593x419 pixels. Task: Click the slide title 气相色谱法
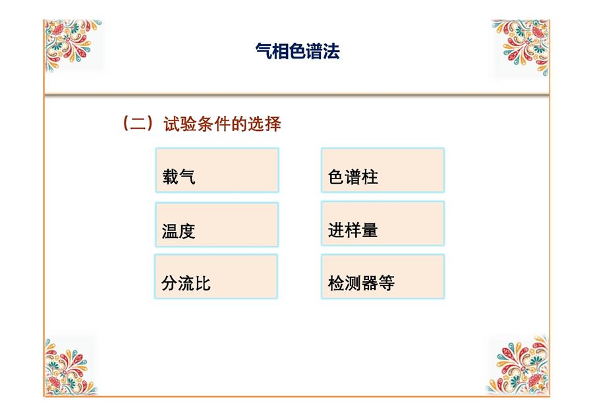(297, 51)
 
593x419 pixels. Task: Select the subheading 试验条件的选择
(223, 124)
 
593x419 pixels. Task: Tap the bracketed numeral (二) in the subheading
(138, 123)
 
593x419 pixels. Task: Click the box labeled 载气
(217, 170)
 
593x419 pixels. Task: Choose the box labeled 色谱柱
(383, 170)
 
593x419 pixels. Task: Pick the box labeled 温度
(217, 225)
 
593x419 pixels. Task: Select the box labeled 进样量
(383, 223)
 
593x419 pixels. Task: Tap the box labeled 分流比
(216, 277)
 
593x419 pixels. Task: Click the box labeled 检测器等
(383, 277)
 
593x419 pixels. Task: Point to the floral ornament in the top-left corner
(72, 45)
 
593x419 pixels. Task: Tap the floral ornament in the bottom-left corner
(69, 367)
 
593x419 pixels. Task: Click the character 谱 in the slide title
(314, 51)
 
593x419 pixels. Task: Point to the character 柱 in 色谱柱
(370, 177)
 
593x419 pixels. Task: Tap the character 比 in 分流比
(203, 283)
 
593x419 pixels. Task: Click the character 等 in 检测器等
(387, 283)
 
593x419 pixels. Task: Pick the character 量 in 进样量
(370, 230)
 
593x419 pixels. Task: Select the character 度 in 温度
(187, 231)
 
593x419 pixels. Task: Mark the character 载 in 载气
(171, 177)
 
